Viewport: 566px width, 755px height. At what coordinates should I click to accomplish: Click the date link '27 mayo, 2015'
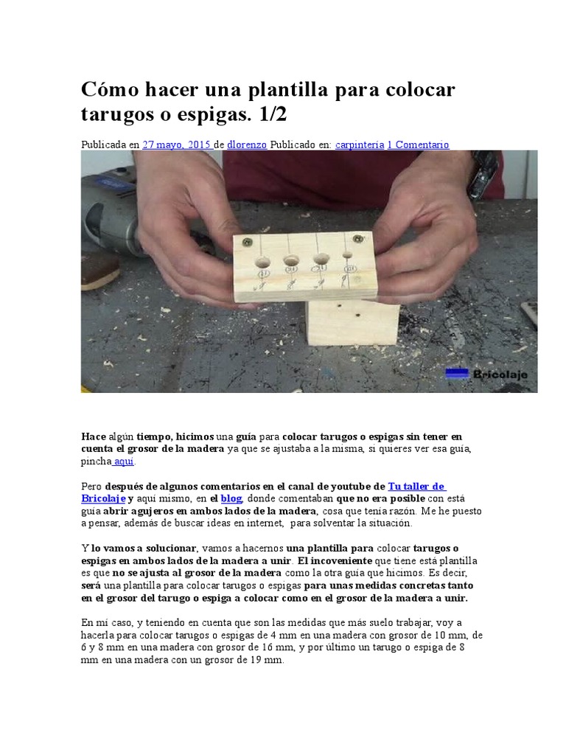point(178,145)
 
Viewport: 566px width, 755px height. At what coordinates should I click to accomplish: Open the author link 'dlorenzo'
point(247,145)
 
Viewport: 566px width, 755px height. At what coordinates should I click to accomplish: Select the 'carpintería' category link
point(360,145)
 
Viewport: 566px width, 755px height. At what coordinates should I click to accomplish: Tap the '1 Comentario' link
point(419,145)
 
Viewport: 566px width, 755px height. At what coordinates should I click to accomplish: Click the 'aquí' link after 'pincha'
point(124,462)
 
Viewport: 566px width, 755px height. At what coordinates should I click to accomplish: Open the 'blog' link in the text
point(231,498)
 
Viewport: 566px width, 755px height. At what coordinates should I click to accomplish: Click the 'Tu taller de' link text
point(417,487)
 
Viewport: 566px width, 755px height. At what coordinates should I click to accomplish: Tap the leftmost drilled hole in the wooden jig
point(262,262)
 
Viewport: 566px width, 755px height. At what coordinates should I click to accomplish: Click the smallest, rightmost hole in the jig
point(348,254)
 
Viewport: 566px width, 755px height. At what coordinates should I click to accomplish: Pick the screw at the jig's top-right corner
point(358,239)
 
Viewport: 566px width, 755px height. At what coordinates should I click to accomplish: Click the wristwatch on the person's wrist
point(484,174)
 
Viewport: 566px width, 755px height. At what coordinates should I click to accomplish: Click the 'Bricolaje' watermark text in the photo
point(500,374)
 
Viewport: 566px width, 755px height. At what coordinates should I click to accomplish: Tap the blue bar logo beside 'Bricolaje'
point(457,373)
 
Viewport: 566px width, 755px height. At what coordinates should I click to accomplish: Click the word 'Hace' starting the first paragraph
point(94,436)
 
